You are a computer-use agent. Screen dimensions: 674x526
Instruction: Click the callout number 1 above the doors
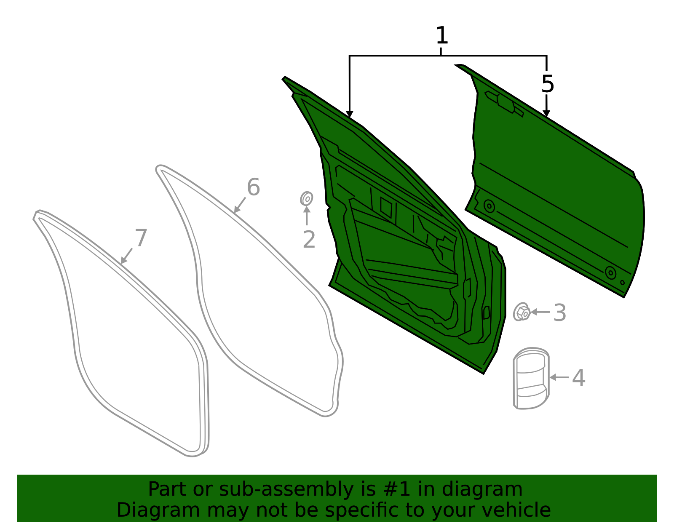442,35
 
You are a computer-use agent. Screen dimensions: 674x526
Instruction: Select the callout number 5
548,84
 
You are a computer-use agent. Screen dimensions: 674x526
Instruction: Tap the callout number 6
253,187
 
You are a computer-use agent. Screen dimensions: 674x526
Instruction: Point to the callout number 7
141,238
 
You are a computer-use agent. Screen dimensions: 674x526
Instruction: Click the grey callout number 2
309,239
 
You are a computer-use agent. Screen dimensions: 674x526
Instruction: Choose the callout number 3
560,313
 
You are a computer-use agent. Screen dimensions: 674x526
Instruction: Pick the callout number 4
578,378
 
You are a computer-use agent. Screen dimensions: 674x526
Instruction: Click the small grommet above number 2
306,199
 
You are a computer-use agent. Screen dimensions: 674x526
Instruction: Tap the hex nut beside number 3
522,312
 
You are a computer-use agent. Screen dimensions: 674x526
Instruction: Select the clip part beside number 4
531,378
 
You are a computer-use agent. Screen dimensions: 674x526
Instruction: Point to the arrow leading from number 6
240,205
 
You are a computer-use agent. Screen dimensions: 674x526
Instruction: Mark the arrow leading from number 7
126,256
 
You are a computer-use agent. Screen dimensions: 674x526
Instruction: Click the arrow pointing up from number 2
306,216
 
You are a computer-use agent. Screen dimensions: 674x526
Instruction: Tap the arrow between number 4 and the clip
559,377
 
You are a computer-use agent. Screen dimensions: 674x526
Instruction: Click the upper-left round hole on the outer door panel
489,206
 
